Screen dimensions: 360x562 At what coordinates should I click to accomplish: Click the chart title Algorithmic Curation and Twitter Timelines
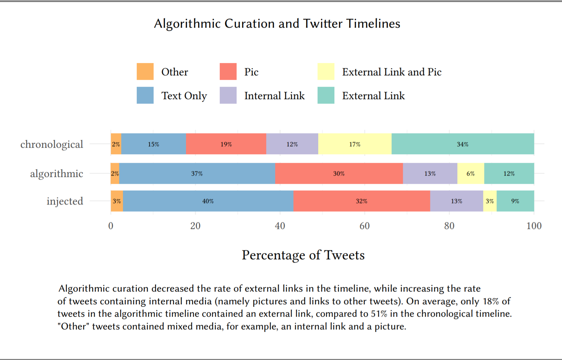[277, 24]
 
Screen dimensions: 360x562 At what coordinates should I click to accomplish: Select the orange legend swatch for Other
[145, 72]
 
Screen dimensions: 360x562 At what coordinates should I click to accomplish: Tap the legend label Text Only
[184, 96]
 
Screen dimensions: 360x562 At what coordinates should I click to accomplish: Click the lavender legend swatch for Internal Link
[228, 95]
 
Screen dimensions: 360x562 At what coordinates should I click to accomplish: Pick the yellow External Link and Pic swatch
[326, 72]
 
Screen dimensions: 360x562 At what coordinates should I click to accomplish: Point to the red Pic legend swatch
[228, 72]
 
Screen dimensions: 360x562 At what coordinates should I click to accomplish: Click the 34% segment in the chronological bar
[462, 144]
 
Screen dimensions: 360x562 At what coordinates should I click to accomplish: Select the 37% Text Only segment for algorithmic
[197, 173]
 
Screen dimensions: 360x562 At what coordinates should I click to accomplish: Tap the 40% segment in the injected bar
[208, 201]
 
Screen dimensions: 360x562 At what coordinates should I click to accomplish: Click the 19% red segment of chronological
[226, 144]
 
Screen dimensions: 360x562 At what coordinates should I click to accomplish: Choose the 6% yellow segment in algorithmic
[470, 173]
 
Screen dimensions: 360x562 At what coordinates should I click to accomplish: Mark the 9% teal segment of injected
[515, 201]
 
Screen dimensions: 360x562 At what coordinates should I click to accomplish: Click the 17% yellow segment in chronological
[355, 144]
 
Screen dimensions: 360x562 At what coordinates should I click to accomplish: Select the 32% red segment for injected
[361, 201]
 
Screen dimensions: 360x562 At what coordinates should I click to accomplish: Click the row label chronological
[52, 144]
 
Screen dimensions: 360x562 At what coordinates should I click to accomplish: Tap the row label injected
[65, 201]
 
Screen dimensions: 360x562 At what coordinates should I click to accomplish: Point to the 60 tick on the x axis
[364, 226]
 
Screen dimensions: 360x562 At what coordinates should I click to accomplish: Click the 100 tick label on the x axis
[534, 226]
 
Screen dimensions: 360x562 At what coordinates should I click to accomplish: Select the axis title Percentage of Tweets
[303, 255]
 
